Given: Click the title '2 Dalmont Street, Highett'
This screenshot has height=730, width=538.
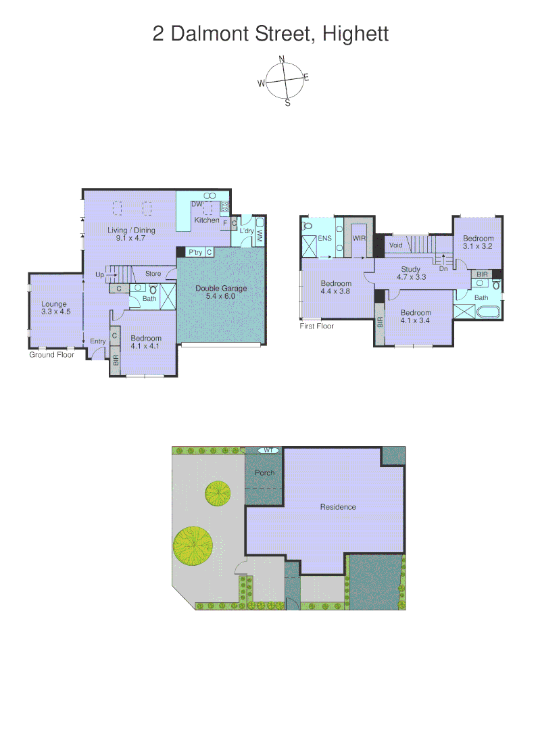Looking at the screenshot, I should [270, 33].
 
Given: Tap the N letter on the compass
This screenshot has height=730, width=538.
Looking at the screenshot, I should [282, 58].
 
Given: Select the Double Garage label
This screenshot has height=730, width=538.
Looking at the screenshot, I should [221, 292].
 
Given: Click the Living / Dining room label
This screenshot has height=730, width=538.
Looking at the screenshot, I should [131, 234].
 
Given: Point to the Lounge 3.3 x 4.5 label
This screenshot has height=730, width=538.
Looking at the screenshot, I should [54, 308].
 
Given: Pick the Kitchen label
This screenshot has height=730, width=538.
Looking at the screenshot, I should [207, 220].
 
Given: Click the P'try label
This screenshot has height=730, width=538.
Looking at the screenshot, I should [195, 252].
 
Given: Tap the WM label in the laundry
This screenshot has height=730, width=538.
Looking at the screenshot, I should [259, 235].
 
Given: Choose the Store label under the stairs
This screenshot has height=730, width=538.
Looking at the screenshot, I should [153, 274].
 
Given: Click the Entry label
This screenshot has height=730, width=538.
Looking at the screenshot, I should [98, 341].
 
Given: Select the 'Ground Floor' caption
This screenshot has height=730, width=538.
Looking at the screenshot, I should [51, 354].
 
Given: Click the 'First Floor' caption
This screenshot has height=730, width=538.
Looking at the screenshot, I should [317, 326].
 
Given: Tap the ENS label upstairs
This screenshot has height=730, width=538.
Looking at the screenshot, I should [324, 239].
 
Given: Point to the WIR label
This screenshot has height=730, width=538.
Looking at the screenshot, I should [358, 239].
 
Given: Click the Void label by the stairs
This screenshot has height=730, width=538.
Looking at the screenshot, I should [396, 245].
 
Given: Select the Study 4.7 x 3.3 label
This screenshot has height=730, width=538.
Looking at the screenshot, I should [411, 273].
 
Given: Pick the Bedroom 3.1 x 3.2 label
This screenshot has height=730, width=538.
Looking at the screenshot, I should [478, 242].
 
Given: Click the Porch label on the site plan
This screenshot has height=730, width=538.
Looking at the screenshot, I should [264, 472].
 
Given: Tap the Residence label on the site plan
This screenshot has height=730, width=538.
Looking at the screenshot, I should [338, 507].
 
